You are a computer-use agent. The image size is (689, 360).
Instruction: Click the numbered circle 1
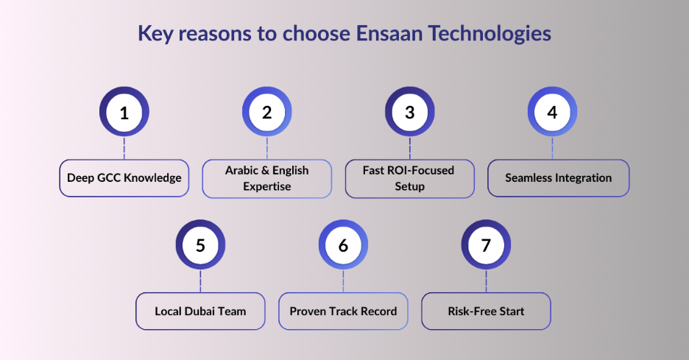pos(124,112)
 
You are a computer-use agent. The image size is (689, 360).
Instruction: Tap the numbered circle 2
pos(266,112)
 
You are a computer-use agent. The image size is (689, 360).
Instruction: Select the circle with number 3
pos(410,112)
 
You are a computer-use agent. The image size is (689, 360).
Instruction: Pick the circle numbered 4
pos(553,112)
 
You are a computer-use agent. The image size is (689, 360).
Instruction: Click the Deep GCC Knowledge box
pos(124,178)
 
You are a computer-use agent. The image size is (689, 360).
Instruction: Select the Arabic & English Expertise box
pos(266,178)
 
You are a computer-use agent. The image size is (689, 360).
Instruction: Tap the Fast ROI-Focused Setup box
pos(410,178)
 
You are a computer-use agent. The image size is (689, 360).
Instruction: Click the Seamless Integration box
pos(558,178)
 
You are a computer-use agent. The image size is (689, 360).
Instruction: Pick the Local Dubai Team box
pos(200,311)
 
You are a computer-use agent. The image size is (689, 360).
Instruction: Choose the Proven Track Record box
pos(343,311)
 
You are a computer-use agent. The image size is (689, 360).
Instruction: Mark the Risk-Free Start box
pos(486,311)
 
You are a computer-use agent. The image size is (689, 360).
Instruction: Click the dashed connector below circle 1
pos(124,148)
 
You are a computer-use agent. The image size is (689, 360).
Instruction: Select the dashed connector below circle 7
pos(486,280)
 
